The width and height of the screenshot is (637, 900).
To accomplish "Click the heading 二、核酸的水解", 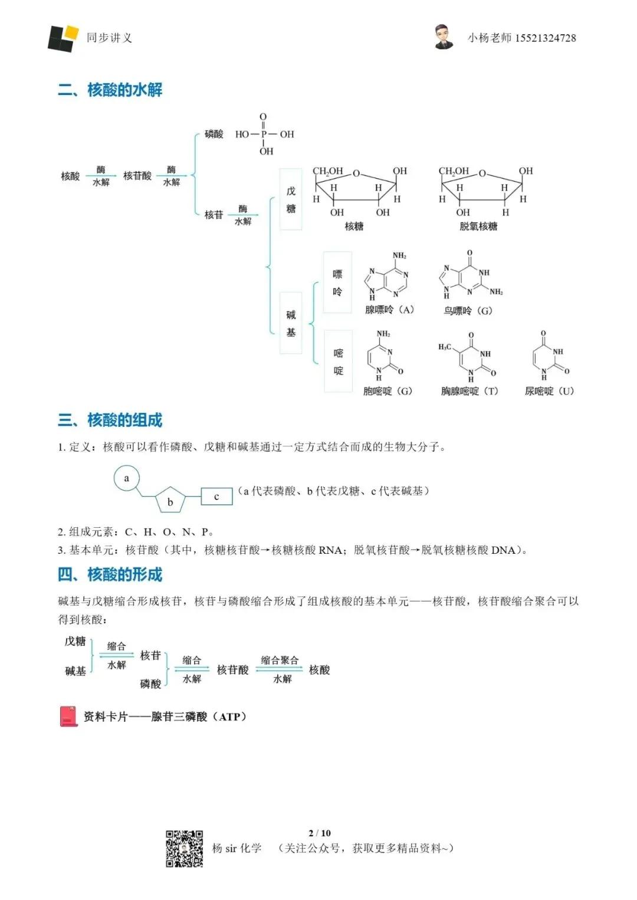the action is click(x=110, y=90).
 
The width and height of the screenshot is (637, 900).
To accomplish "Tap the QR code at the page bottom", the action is click(x=184, y=849).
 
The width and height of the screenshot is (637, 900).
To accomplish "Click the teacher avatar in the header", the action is click(x=444, y=37).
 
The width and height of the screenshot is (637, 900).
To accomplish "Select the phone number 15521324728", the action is click(x=546, y=38).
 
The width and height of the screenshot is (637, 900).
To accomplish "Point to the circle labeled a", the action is click(x=126, y=478).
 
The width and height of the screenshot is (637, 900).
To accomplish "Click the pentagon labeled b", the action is click(x=170, y=501).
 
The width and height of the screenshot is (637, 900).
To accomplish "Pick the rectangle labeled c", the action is click(x=216, y=497).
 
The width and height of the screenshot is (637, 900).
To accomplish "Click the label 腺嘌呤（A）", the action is click(x=389, y=310).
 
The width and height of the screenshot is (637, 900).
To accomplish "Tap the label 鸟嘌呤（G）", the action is click(x=468, y=310).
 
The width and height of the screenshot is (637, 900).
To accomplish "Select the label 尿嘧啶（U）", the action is click(x=549, y=391).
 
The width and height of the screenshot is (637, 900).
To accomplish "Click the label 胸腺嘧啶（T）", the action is click(x=469, y=391).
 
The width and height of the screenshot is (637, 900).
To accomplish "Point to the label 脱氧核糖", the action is click(x=478, y=226).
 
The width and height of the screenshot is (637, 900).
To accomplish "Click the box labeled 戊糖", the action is click(x=291, y=200).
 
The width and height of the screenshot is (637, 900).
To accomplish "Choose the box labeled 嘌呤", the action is click(x=337, y=283).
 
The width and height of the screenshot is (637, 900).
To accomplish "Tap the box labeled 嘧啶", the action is click(x=338, y=362).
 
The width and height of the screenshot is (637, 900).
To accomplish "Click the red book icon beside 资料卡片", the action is click(x=69, y=716).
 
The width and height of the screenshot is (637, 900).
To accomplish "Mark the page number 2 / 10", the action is click(x=320, y=833).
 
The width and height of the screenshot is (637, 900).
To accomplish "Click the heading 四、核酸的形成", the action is click(x=110, y=574).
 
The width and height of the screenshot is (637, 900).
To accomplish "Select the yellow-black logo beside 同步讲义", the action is click(x=63, y=38).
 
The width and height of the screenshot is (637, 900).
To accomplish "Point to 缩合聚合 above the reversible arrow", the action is click(x=280, y=660).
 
